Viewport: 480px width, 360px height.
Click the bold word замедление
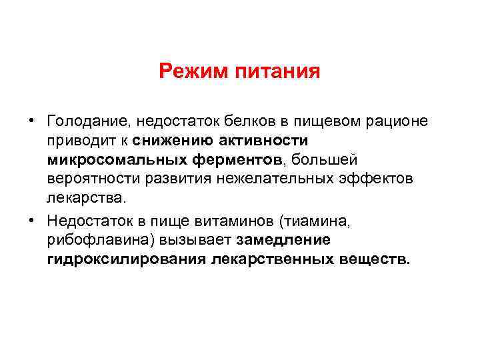pyautogui.click(x=292, y=239)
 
